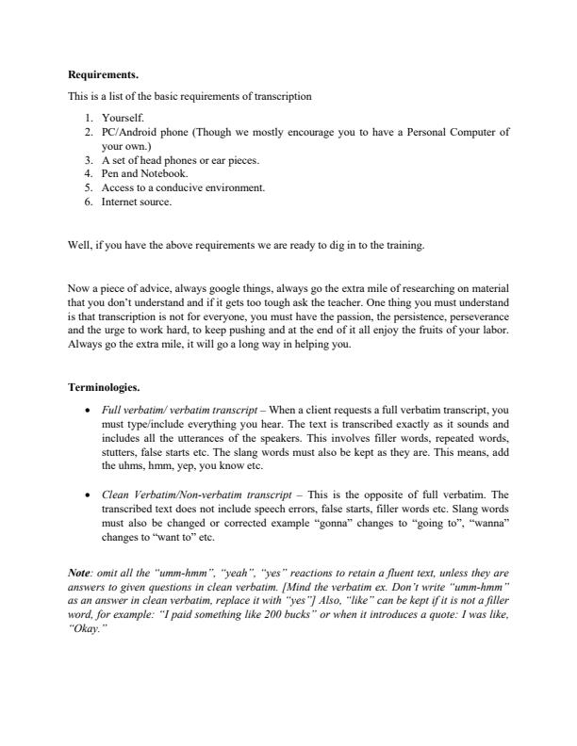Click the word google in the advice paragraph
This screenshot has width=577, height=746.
click(x=204, y=287)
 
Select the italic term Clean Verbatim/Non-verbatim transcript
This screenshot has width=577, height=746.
click(x=190, y=494)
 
